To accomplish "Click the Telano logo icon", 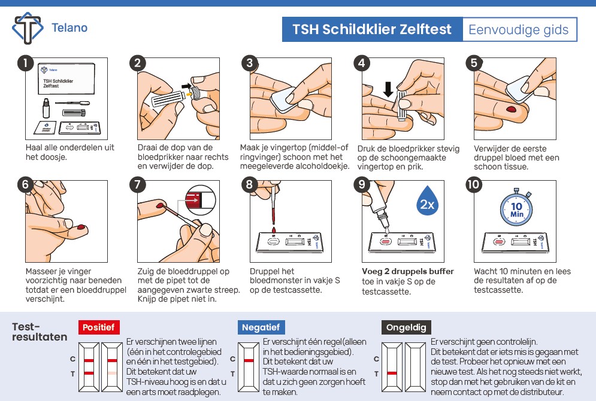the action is pyautogui.click(x=28, y=28).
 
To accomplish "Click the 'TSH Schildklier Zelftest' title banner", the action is pyautogui.click(x=372, y=29).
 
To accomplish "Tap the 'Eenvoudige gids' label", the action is pyautogui.click(x=519, y=29).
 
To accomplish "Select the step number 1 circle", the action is pyautogui.click(x=26, y=63).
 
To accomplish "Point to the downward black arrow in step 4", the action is pyautogui.click(x=388, y=89).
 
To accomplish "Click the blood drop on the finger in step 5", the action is pyautogui.click(x=510, y=110).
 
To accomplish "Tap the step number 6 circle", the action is pyautogui.click(x=26, y=184).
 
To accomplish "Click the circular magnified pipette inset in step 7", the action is pyautogui.click(x=200, y=200).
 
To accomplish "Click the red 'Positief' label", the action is pyautogui.click(x=99, y=327).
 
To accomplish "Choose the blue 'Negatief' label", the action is pyautogui.click(x=261, y=327).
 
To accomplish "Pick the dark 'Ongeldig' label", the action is pyautogui.click(x=406, y=327).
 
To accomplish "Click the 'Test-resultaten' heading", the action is pyautogui.click(x=40, y=332).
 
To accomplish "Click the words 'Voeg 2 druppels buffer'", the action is pyautogui.click(x=408, y=272).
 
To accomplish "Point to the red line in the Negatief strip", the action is pyautogui.click(x=249, y=360).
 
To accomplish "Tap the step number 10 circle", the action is pyautogui.click(x=474, y=184).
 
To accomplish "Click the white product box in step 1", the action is pyautogui.click(x=66, y=78).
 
